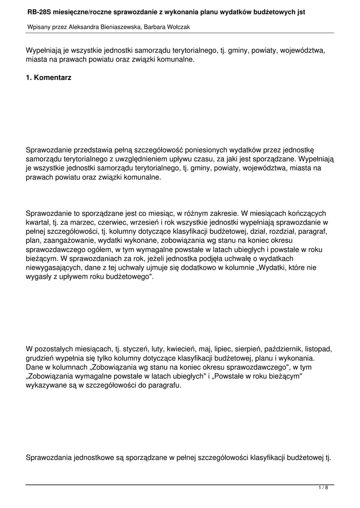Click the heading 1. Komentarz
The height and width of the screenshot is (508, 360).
pyautogui.click(x=48, y=78)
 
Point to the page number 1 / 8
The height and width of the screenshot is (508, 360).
pyautogui.click(x=323, y=488)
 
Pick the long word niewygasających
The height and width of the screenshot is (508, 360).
pyautogui.click(x=55, y=267)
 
